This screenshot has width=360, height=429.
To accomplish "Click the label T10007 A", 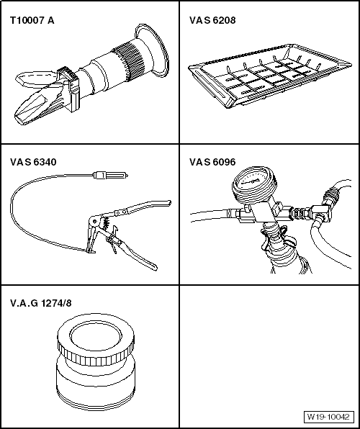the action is click(x=32, y=21).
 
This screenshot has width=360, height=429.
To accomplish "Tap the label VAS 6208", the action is click(x=212, y=21).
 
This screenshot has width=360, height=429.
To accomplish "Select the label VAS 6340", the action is click(x=33, y=162).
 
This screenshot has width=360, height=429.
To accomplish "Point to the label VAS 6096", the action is click(x=212, y=162).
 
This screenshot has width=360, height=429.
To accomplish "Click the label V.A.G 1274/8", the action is click(x=41, y=303).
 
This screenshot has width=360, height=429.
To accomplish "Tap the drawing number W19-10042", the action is click(x=328, y=417).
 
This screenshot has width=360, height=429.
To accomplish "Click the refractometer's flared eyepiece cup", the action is click(x=151, y=50).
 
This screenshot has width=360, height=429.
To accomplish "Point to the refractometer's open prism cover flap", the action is click(x=35, y=78).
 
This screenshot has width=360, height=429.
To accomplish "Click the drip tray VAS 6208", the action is click(x=270, y=76).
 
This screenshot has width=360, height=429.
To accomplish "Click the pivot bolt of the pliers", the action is click(x=95, y=221).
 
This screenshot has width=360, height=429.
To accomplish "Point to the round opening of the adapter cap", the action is click(x=96, y=336).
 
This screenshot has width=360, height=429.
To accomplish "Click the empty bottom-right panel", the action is click(x=269, y=356).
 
